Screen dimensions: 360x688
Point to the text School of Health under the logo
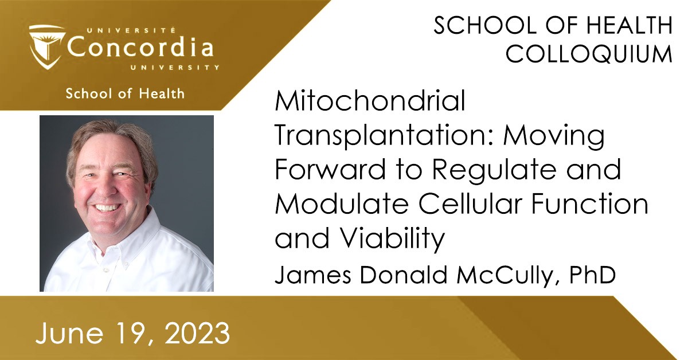point(125,93)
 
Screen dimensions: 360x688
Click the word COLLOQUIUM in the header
point(589,54)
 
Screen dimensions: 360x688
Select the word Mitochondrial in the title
point(370,103)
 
